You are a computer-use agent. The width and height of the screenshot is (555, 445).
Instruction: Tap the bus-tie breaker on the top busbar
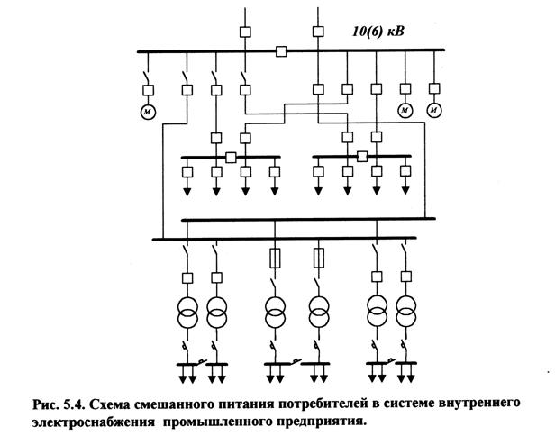[x=282, y=50]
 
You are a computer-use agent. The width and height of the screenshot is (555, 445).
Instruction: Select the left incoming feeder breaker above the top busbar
[x=245, y=32]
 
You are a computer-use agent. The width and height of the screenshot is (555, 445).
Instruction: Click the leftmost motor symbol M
[x=147, y=111]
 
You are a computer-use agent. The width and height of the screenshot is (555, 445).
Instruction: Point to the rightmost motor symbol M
[x=434, y=110]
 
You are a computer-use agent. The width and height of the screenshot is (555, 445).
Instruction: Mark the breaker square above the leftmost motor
[x=147, y=89]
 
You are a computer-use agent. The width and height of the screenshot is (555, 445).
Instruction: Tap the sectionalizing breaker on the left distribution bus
[x=232, y=157]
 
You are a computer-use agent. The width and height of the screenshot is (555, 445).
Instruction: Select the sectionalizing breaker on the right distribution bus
[x=362, y=156]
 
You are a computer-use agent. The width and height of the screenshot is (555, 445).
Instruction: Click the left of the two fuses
[x=275, y=260]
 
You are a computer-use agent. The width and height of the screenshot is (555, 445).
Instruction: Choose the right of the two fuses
[x=317, y=260]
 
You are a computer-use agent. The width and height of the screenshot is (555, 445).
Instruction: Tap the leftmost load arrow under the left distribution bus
[x=188, y=190]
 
